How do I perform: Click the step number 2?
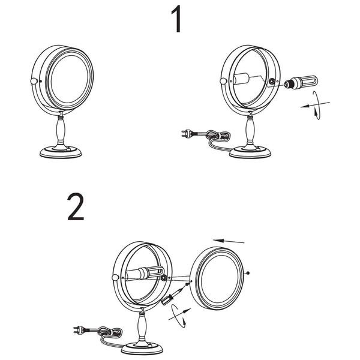coord(76,207)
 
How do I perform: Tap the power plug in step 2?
coord(80,328)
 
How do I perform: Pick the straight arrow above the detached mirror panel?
coord(230,240)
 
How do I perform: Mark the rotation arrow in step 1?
coord(317,107)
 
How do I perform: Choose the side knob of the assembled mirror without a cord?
coord(32,81)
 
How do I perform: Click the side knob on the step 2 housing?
coord(115,277)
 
